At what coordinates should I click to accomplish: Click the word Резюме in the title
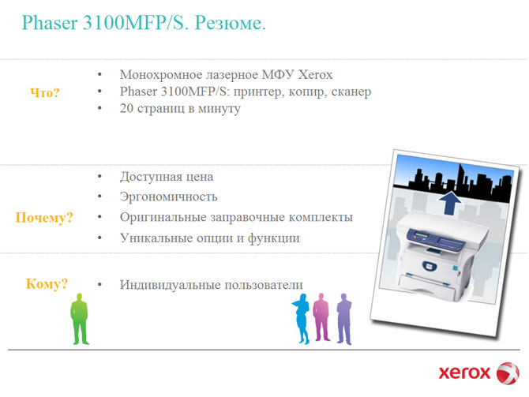[x=230, y=23]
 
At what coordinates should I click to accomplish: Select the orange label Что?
[x=45, y=93]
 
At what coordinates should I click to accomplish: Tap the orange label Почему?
[x=44, y=218]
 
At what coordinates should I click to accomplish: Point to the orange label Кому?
[x=47, y=283]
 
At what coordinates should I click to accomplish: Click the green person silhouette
[x=80, y=319]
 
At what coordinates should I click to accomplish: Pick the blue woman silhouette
[x=302, y=319]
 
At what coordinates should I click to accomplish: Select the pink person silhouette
[x=321, y=317]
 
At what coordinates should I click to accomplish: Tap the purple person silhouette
[x=344, y=319]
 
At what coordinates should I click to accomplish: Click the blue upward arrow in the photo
[x=450, y=203]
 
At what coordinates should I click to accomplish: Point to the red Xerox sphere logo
[x=508, y=373]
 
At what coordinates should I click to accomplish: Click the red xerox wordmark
[x=464, y=373]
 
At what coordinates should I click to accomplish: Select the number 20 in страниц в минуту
[x=126, y=108]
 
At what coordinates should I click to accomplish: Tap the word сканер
[x=351, y=92]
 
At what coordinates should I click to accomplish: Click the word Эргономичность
[x=169, y=197]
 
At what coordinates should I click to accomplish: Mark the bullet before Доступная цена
[x=99, y=176]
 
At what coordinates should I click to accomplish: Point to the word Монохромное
[x=160, y=74]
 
